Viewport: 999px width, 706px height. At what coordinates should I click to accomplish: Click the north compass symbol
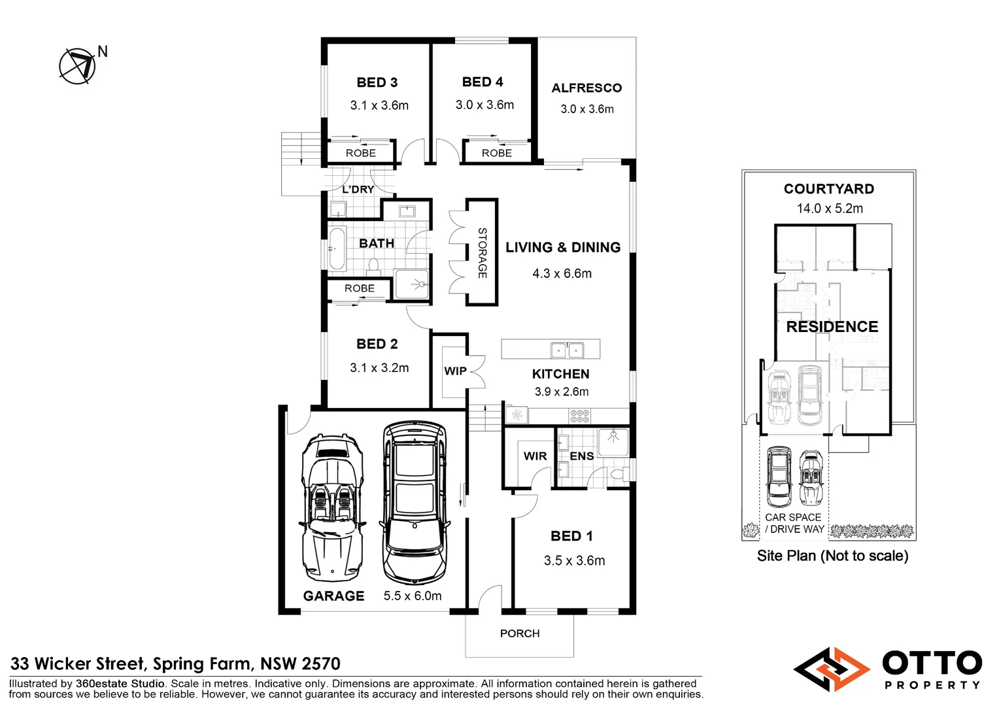pos(77,67)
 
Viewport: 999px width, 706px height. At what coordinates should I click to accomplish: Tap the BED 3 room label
pos(377,82)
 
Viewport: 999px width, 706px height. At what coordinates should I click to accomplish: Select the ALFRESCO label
pos(586,88)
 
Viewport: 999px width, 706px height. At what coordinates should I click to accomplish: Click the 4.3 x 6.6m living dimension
pos(562,273)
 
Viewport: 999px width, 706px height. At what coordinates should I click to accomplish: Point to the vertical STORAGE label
pos(482,253)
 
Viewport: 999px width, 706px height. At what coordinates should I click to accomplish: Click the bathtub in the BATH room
pos(337,248)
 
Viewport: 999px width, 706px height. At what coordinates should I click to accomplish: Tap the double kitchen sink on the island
pos(567,350)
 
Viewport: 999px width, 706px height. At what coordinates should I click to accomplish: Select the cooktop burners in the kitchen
pos(579,416)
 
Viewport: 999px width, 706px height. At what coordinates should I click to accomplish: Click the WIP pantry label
pos(455,371)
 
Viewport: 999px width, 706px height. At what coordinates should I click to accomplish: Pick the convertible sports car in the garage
pos(332,507)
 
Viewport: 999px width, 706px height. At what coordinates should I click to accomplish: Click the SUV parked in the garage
pos(415,503)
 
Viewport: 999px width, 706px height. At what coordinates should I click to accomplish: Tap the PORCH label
pos(520,633)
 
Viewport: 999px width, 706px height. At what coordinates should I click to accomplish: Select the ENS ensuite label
pos(582,456)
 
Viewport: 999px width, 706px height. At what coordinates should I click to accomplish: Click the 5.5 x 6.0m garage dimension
pos(413,596)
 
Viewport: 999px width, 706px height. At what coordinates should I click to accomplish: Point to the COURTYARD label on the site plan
pos(829,189)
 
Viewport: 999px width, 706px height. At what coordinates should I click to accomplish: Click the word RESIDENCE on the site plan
pos(832,326)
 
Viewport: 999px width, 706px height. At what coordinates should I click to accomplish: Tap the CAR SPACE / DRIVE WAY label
pos(794,523)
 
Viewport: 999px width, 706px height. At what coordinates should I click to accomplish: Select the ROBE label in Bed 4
pos(497,153)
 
